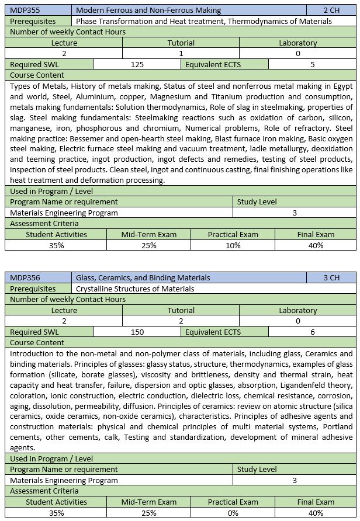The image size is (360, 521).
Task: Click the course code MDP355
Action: click(x=25, y=10)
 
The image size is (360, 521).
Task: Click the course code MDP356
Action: click(x=25, y=277)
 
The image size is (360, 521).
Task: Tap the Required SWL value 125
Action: click(x=137, y=64)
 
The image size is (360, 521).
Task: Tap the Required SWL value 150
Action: click(x=137, y=332)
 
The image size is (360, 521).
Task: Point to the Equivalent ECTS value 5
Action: click(x=313, y=64)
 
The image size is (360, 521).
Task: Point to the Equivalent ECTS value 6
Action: click(x=313, y=332)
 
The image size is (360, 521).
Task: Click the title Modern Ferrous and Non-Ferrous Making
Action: click(x=148, y=10)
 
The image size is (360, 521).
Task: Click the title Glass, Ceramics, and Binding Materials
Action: click(x=143, y=277)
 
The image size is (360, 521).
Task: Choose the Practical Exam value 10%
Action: click(x=233, y=245)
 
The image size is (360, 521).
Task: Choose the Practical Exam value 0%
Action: click(x=233, y=513)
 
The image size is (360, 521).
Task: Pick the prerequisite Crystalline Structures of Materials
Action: click(x=135, y=289)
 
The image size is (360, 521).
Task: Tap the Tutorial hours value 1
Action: click(x=181, y=53)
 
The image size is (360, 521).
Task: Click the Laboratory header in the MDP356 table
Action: click(x=297, y=310)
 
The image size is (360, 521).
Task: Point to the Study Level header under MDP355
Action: click(x=257, y=202)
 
